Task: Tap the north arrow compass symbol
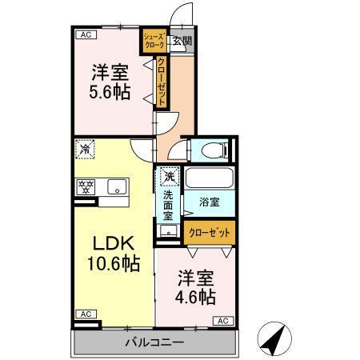pos(274,340)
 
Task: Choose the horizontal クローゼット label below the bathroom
pos(210,232)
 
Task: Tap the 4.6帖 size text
pos(196,297)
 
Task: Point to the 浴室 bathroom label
pos(209,203)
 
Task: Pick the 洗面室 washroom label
pos(169,206)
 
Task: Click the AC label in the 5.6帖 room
pos(84,35)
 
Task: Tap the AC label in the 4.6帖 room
pos(223,321)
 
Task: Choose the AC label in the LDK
pos(84,314)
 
